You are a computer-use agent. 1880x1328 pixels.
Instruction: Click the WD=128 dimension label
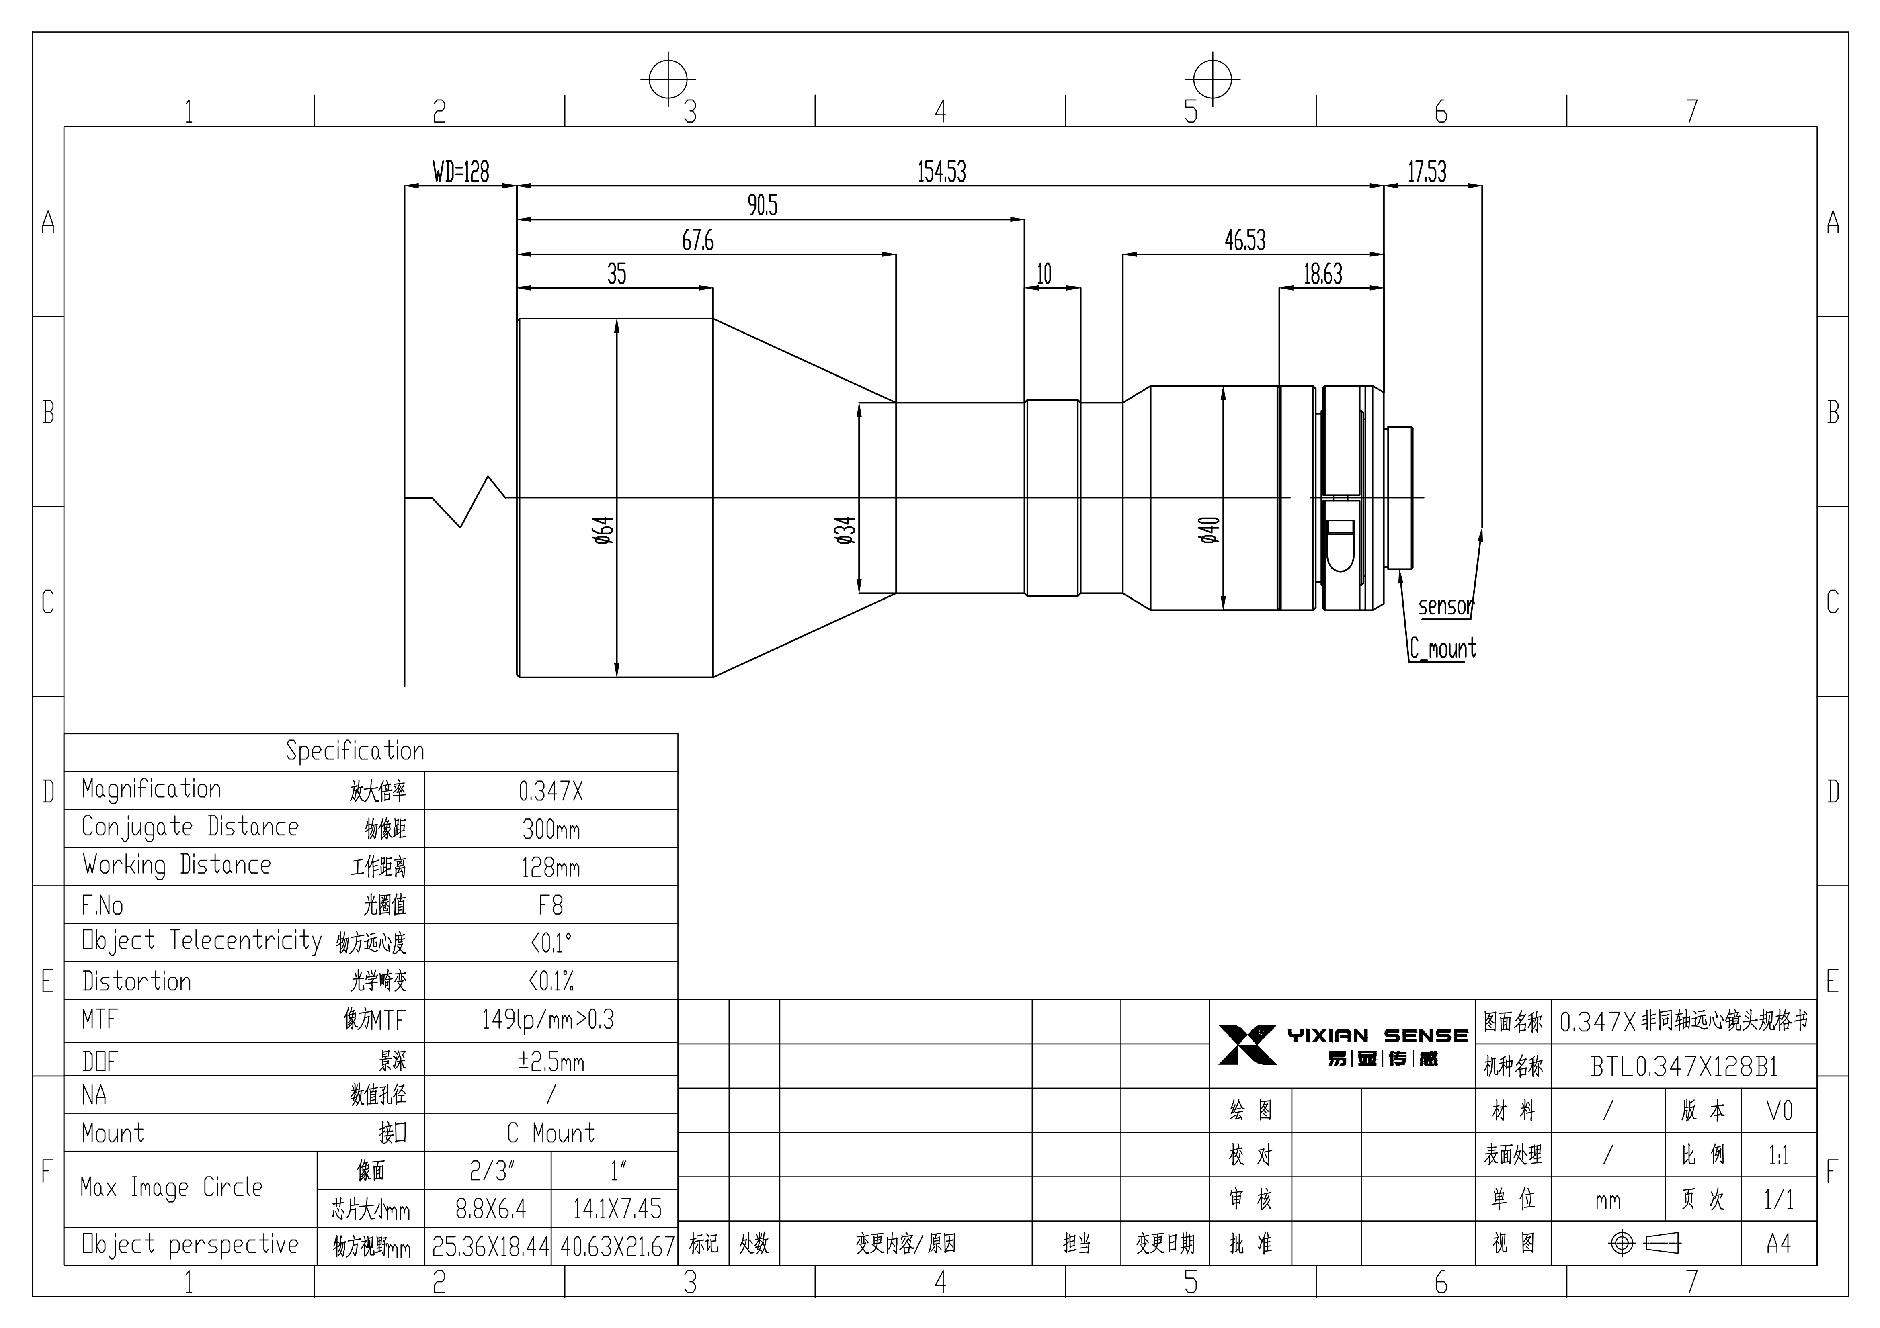[x=461, y=172]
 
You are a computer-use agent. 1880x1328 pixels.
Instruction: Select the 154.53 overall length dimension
[x=942, y=172]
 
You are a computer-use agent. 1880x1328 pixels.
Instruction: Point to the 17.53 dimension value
[x=1427, y=172]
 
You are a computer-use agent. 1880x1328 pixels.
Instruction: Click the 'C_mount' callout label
[x=1443, y=649]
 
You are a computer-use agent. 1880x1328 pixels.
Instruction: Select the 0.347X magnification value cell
[x=551, y=791]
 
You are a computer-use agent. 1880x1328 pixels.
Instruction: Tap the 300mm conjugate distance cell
[x=551, y=829]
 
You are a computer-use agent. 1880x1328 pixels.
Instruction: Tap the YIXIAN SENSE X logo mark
[x=1247, y=1045]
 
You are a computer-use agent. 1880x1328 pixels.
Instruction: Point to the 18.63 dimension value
[x=1323, y=274]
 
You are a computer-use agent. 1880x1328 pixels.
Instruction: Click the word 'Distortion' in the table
[x=137, y=981]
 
